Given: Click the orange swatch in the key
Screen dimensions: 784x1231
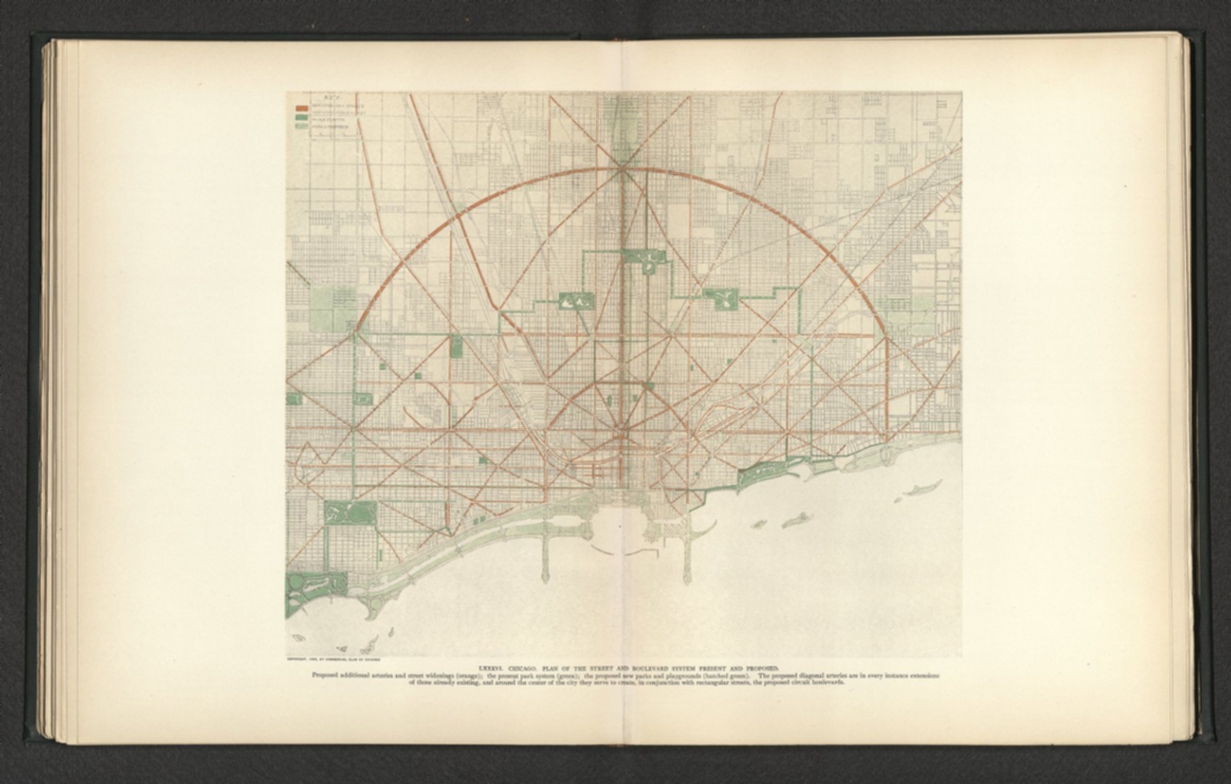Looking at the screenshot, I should tap(302, 107).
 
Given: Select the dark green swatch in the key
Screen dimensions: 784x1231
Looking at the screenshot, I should tap(302, 116).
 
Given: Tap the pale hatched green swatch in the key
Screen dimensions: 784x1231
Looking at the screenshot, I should tap(302, 126).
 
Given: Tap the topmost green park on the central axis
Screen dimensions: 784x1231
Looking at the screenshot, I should tap(644, 257).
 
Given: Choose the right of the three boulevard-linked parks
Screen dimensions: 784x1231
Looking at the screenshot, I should tap(720, 298).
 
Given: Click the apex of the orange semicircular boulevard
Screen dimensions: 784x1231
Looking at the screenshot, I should tap(621, 168).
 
